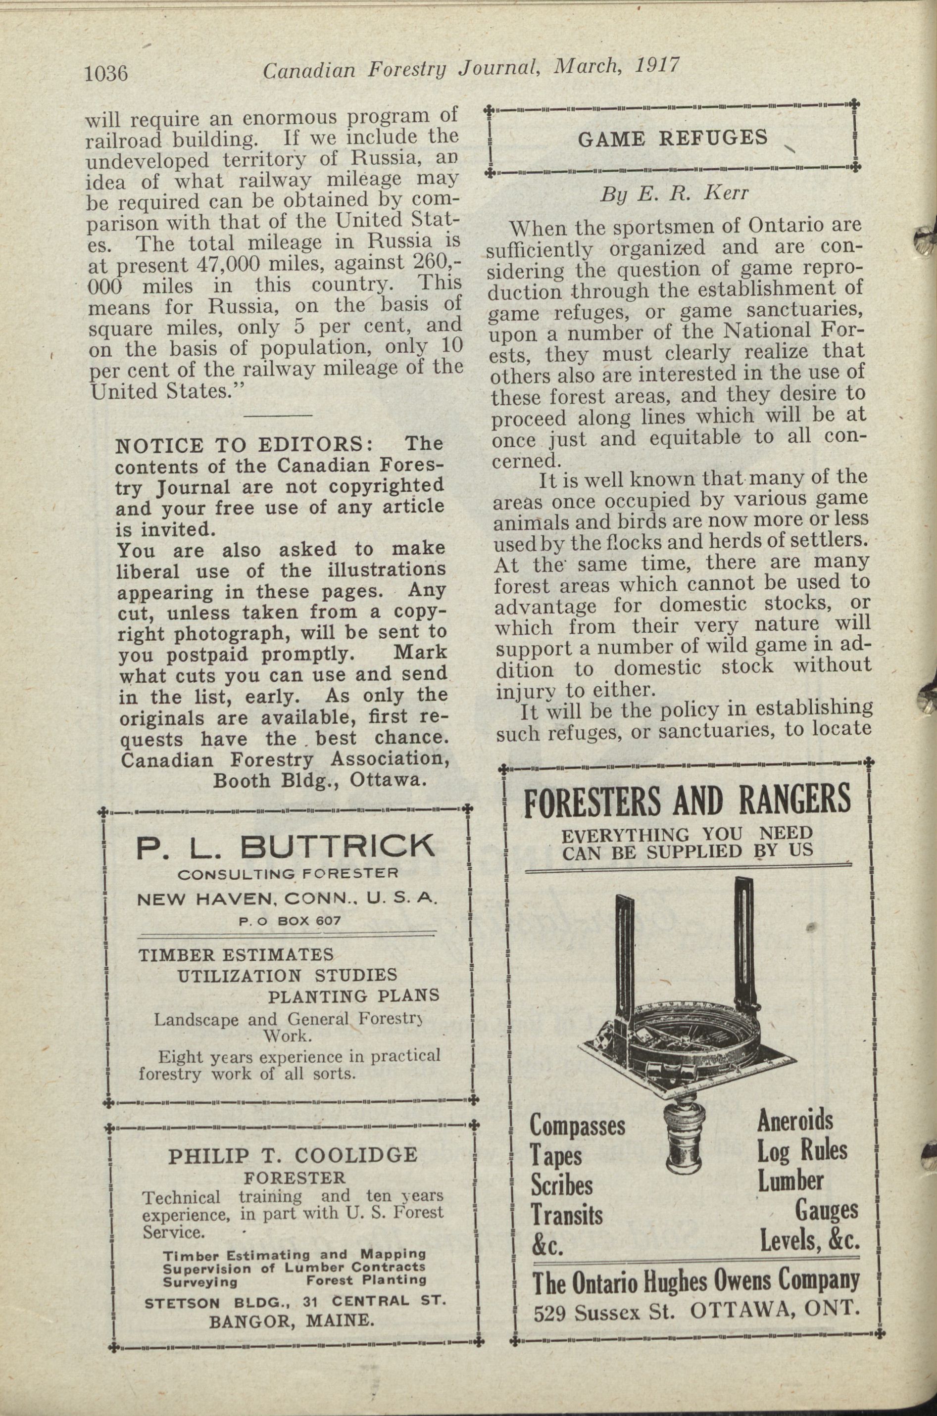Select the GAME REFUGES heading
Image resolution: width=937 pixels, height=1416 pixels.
tap(673, 139)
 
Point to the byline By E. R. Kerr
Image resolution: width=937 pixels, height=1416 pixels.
tap(674, 195)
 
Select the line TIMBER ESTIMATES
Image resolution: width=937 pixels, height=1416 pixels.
tap(236, 954)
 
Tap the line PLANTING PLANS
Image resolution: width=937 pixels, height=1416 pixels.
tap(353, 995)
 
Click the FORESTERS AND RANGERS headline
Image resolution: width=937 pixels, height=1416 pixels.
tap(687, 800)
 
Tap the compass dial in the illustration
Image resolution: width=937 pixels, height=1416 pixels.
tap(687, 1027)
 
